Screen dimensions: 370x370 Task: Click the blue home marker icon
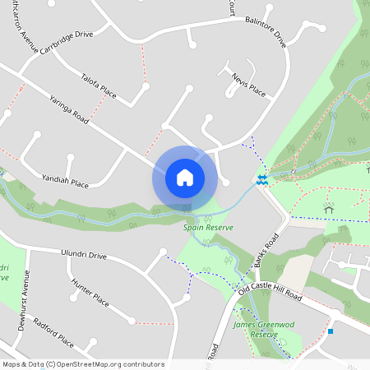pos(184,178)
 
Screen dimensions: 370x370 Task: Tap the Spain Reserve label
pos(208,227)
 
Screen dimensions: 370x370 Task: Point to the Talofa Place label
pos(99,89)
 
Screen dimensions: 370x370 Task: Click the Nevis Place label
pos(248,86)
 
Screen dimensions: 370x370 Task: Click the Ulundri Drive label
pos(83,255)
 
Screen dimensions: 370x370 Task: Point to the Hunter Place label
pos(90,291)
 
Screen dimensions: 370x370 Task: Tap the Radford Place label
pos(54,330)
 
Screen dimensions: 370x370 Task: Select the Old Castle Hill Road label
pos(271,288)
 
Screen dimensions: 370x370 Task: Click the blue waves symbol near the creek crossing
pos(261,179)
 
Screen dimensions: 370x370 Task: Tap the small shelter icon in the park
pos(329,210)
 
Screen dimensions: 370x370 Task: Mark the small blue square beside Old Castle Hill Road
pos(331,331)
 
